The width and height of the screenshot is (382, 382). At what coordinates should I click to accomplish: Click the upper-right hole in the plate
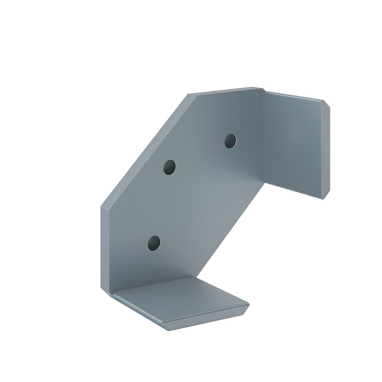pos(230,141)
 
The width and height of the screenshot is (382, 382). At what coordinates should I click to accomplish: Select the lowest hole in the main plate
pos(154,243)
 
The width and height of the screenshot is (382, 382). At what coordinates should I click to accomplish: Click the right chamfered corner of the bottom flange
pos(246,307)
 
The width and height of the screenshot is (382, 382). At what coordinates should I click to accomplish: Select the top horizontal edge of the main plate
pos(225,91)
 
